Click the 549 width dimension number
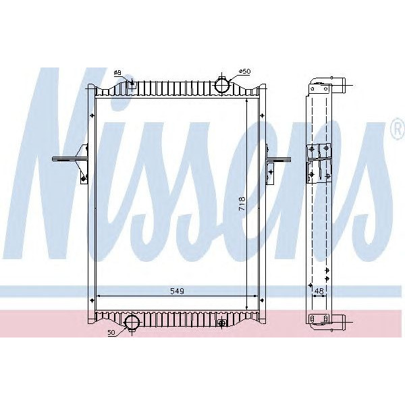177,290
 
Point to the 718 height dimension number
242,204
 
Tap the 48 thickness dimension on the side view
319,291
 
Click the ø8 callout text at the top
117,72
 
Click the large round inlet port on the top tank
223,86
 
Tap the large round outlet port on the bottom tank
131,322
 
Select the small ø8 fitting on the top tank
132,85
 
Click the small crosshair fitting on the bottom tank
222,323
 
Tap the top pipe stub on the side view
341,86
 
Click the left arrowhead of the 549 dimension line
99,296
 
